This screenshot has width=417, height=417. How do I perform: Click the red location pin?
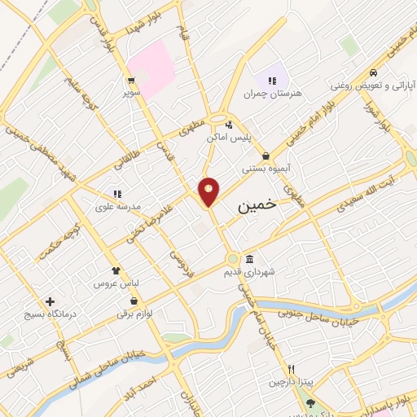tap(209, 191)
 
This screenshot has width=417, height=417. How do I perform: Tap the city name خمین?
tap(257, 208)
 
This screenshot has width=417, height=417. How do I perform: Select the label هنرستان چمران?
tap(272, 93)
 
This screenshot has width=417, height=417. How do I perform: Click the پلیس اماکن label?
tap(250, 138)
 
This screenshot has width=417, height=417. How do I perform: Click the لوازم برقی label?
tap(135, 312)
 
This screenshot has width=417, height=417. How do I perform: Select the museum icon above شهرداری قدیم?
tap(249, 258)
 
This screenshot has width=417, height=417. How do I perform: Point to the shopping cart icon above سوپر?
tap(130, 80)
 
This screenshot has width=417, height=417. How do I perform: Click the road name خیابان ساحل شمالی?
tap(135, 353)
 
